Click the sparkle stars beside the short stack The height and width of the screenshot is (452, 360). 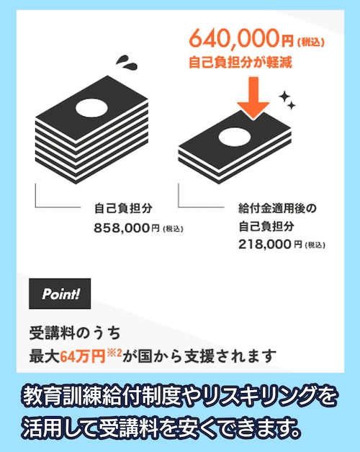287,100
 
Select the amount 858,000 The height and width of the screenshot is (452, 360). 122,228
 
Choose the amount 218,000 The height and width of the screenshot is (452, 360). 266,244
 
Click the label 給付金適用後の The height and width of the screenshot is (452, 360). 276,209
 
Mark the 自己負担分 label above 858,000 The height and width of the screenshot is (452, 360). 123,209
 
